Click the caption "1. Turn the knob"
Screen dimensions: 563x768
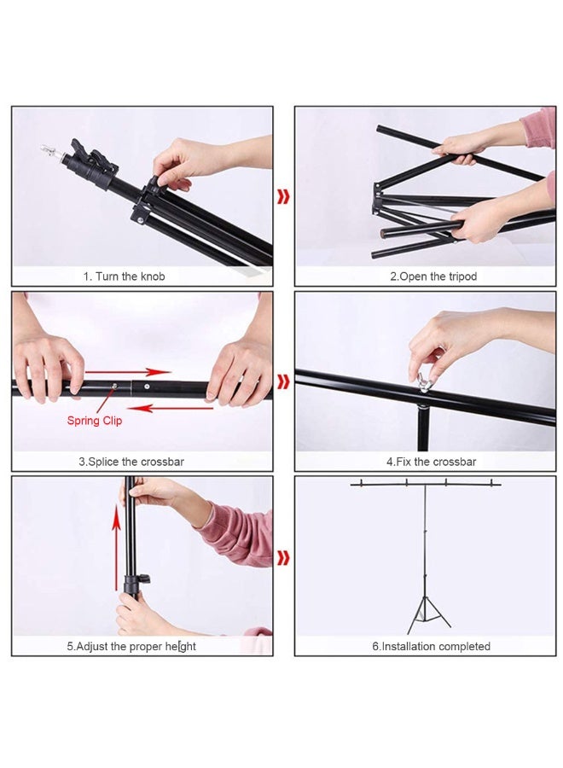tap(124, 276)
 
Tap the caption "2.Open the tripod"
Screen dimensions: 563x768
tap(433, 276)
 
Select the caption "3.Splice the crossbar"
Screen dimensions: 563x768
tap(131, 462)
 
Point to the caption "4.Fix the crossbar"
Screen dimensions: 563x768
tap(432, 462)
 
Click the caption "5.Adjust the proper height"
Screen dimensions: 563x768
tap(131, 646)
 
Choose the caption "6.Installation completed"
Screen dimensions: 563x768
tap(432, 646)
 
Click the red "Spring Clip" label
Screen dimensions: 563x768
tap(95, 420)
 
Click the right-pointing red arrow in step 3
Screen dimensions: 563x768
tap(128, 372)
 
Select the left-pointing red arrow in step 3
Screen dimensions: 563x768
tap(171, 407)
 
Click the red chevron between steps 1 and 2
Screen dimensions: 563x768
tap(283, 197)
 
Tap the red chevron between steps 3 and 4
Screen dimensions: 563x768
tap(283, 381)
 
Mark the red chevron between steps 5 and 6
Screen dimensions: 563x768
tap(283, 558)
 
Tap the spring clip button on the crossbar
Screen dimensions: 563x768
tap(114, 387)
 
